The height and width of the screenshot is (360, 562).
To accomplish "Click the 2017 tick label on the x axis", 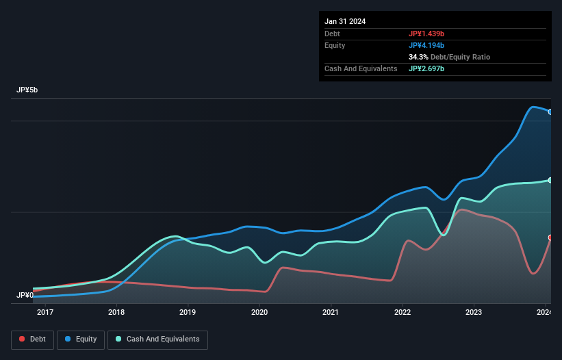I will [45, 313].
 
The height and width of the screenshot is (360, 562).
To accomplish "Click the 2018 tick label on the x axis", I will [116, 313].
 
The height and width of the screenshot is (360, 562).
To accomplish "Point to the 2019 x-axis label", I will [188, 313].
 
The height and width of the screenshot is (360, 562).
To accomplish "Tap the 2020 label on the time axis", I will [259, 313].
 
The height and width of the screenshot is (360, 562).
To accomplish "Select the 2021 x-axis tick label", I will [331, 313].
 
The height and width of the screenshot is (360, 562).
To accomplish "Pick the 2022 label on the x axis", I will [403, 313].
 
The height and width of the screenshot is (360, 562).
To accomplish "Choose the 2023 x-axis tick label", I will [474, 313].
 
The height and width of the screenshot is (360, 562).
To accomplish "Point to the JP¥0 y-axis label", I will [25, 296].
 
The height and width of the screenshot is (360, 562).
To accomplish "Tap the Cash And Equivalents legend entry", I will [157, 339].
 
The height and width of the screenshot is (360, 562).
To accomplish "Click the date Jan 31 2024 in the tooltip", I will [345, 21].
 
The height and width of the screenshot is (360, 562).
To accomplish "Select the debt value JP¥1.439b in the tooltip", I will [427, 34].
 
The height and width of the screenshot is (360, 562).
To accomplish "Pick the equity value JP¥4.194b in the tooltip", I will [427, 45].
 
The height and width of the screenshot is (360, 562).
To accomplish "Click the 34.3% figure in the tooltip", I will [419, 57].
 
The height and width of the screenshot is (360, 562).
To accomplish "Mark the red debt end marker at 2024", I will [550, 237].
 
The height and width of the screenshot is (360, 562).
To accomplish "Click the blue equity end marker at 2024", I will [550, 112].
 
